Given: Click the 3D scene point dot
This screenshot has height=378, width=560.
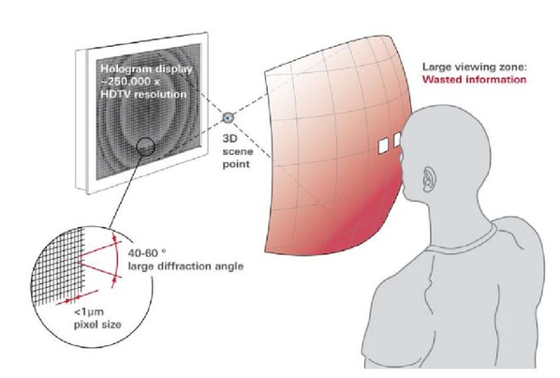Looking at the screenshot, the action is coord(228,117).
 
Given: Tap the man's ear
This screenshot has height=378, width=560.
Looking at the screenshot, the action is coord(428,179).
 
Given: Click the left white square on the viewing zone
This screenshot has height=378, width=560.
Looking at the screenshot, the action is coord(383,146).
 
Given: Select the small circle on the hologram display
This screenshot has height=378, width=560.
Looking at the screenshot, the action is coord(145,146).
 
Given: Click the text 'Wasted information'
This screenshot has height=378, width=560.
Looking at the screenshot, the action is coord(474,79).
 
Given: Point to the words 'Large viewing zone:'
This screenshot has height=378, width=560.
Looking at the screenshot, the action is coord(475,67).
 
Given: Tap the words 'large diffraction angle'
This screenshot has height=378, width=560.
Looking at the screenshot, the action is coord(185,266).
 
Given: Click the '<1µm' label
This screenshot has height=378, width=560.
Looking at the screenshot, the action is coord(89,312).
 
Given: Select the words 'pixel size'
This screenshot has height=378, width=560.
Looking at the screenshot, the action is coord(97,325).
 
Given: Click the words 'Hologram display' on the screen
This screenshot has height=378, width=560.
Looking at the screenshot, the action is coord(146,69).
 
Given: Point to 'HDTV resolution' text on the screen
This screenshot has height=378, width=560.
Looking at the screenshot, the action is coord(143,95).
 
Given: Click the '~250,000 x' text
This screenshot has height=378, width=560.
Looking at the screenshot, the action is coord(130,82).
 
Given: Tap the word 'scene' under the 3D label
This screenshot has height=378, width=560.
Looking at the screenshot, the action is coord(238,151).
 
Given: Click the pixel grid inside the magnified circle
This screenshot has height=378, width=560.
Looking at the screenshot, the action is coord(59,266).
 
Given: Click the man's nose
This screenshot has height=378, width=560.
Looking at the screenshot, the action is coord(402,157).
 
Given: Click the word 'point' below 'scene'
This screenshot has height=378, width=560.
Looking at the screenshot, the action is coord(236,164).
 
